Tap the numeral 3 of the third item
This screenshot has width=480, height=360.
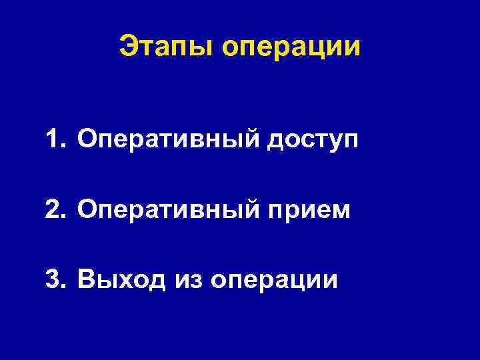(54, 279)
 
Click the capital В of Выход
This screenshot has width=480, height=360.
(86, 279)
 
